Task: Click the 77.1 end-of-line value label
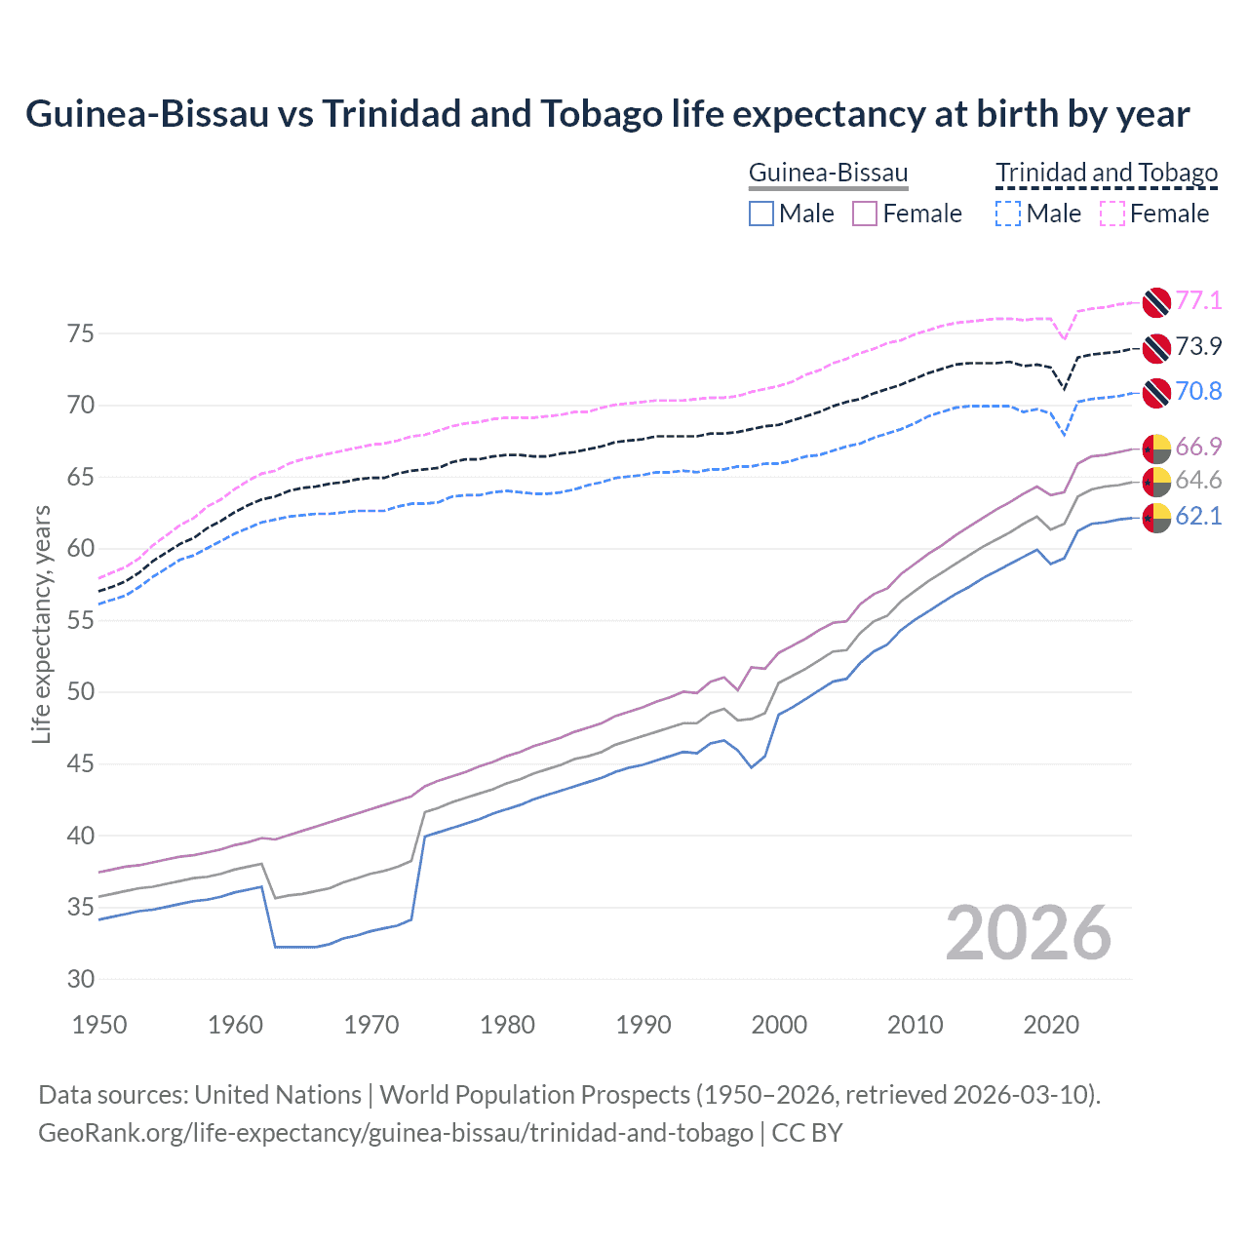[1198, 300]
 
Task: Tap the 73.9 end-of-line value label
[1198, 346]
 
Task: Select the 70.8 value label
[1198, 392]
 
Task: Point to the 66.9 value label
[1198, 447]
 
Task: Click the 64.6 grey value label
[1198, 480]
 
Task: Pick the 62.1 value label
[1198, 516]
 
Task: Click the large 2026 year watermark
[1028, 934]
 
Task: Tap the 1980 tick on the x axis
[507, 1025]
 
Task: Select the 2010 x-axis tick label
[915, 1025]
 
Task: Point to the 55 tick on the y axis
[81, 620]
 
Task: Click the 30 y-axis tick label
[81, 979]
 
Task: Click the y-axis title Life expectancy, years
[41, 624]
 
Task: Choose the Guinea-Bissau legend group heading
[828, 174]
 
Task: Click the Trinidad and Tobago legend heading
[1106, 174]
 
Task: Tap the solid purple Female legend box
[865, 214]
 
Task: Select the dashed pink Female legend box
[1112, 214]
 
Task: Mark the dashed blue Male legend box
[1008, 214]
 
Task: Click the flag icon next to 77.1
[1156, 301]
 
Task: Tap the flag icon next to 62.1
[1156, 518]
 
